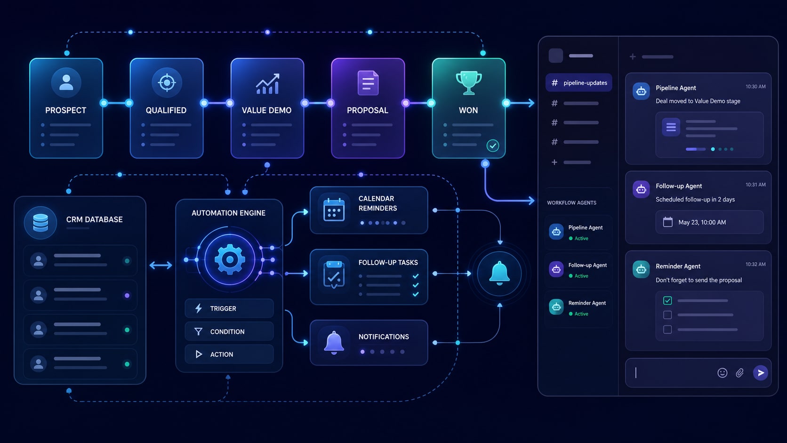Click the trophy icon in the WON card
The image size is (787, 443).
(469, 83)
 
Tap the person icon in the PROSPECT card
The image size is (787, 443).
(66, 82)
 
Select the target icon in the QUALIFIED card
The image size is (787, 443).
(167, 83)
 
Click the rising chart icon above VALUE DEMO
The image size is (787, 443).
(267, 84)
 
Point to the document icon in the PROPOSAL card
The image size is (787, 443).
(368, 83)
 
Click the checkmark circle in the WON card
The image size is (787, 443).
(492, 145)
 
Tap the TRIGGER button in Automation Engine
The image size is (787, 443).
(229, 308)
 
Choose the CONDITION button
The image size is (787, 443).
(229, 331)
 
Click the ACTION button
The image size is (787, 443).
(229, 354)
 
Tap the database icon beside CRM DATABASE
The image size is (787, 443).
(40, 223)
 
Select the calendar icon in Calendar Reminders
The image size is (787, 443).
(334, 210)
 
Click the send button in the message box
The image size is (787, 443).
(760, 373)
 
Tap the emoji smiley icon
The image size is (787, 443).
(723, 373)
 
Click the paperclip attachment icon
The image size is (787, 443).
(739, 373)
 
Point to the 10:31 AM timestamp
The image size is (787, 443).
(755, 185)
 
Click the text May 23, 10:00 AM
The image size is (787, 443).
(702, 222)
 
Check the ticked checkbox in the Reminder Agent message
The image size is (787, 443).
(667, 300)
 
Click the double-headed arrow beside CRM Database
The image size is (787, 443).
(161, 265)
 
